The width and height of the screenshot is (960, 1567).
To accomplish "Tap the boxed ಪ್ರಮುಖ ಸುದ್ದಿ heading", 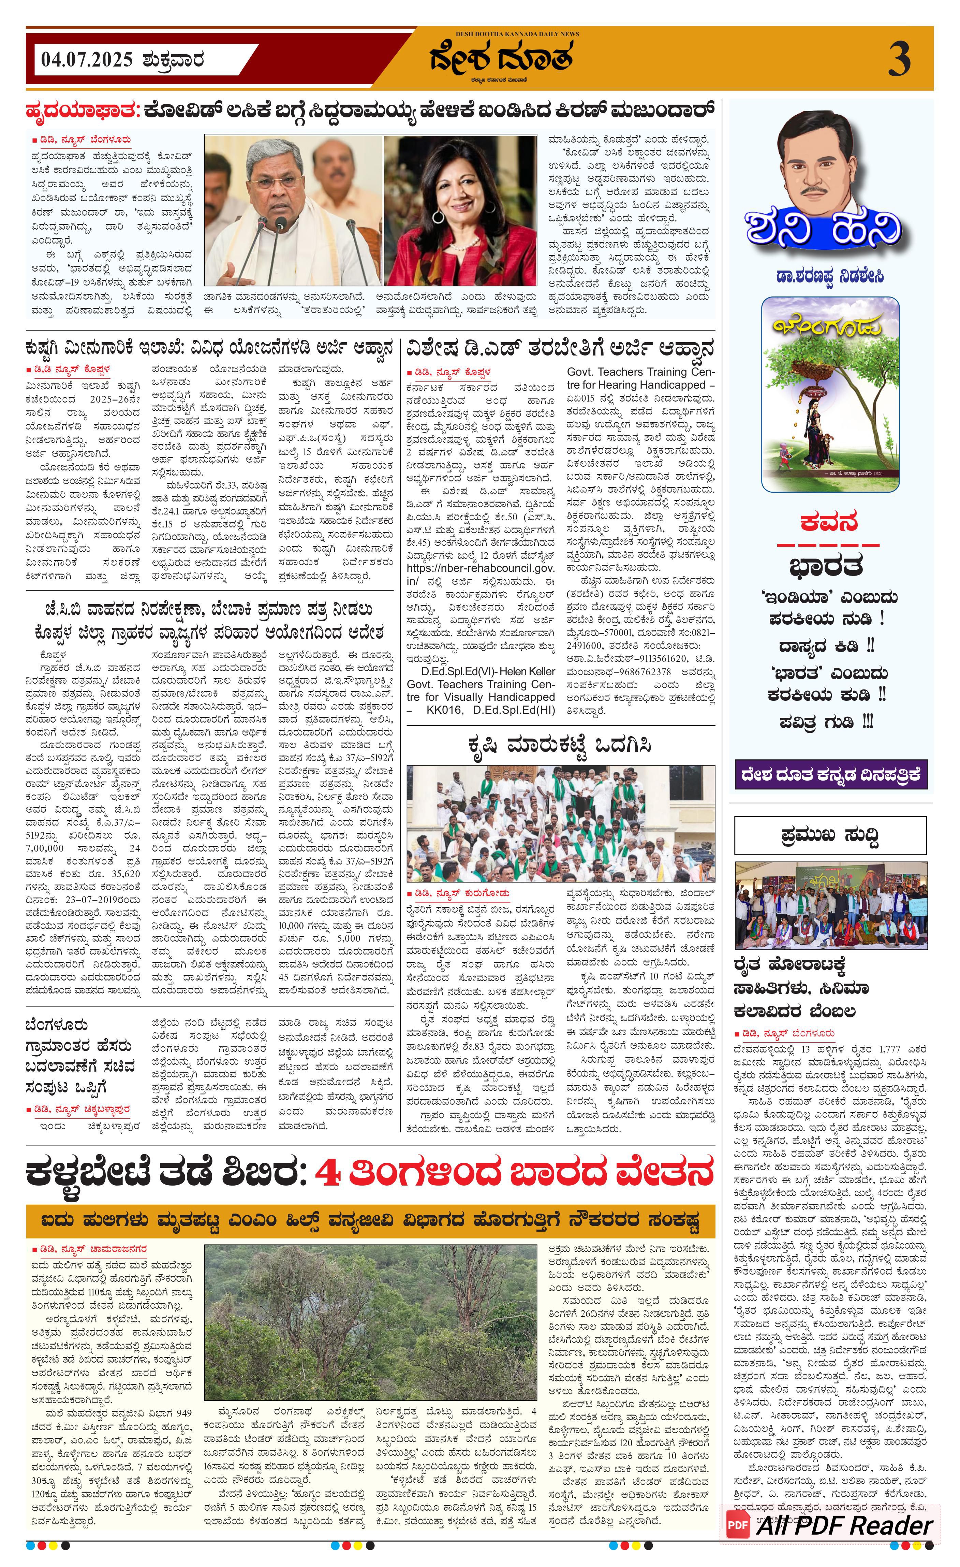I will (x=830, y=835).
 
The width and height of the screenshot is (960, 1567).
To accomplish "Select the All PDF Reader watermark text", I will (x=844, y=1525).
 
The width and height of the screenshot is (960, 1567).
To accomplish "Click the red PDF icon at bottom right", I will (x=737, y=1525).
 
